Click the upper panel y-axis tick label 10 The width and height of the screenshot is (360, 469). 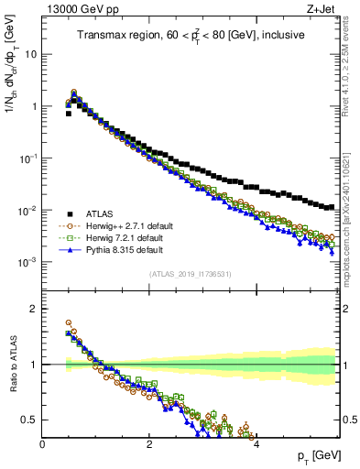coord(31,54)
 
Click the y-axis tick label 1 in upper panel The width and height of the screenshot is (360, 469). coord(34,106)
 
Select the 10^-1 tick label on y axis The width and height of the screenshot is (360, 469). coord(28,158)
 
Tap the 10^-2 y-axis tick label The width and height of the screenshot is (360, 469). coord(28,210)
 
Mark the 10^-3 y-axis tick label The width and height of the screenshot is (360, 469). coord(28,262)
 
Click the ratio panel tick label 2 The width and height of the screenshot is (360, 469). coord(34,309)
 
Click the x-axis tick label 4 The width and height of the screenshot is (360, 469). coord(256,444)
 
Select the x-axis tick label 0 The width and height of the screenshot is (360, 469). coord(43,444)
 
